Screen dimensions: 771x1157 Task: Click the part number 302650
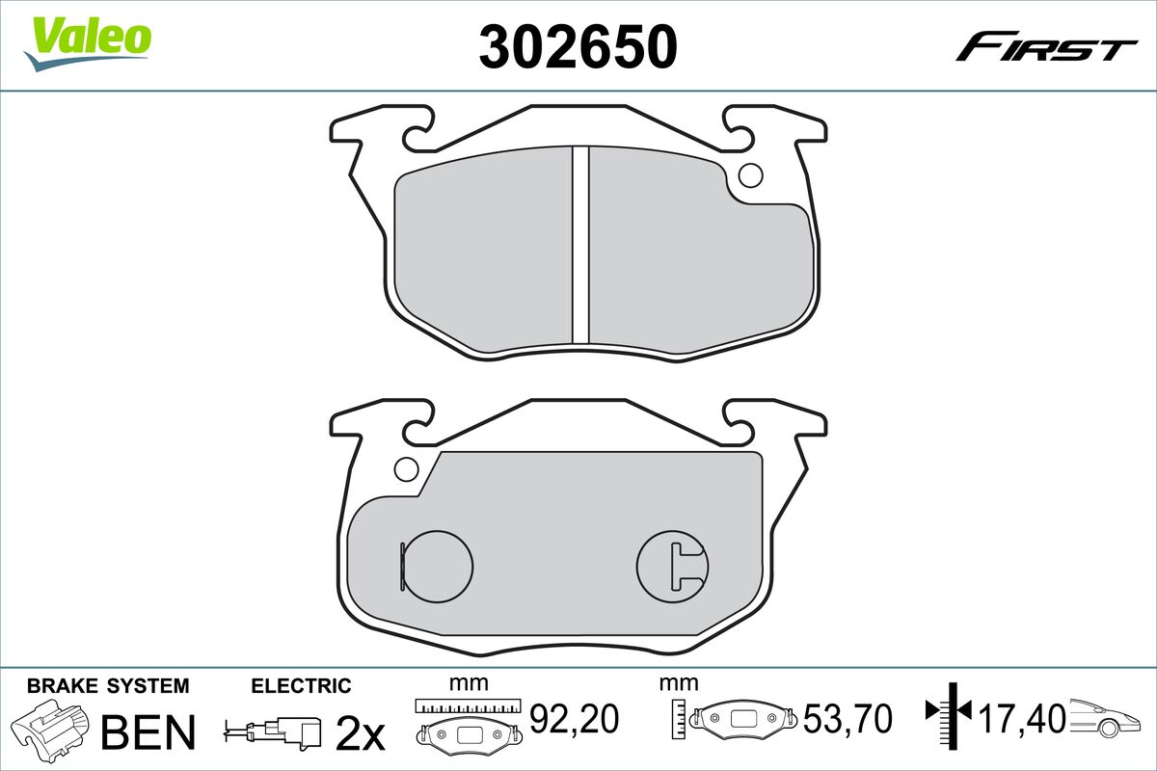pyautogui.click(x=578, y=45)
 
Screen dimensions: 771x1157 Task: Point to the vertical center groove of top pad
pyautogui.click(x=579, y=245)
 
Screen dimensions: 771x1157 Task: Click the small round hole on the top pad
pyautogui.click(x=749, y=175)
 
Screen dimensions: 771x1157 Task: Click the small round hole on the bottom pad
pyautogui.click(x=406, y=469)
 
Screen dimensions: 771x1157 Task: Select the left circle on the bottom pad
pyautogui.click(x=437, y=565)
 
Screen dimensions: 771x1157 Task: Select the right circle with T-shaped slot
pyautogui.click(x=672, y=565)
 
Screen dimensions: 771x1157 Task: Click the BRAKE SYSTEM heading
pyautogui.click(x=108, y=686)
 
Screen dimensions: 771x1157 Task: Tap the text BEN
pyautogui.click(x=148, y=732)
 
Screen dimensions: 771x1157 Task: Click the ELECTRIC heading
pyautogui.click(x=301, y=686)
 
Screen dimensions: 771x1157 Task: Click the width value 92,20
pyautogui.click(x=573, y=718)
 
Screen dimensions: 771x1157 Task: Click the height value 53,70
pyautogui.click(x=848, y=718)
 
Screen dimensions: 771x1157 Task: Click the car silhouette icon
pyautogui.click(x=1109, y=718)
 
